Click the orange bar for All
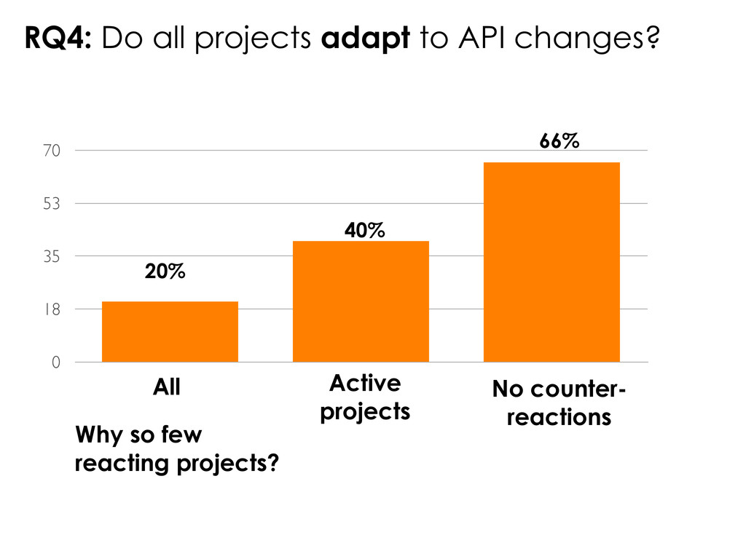pyautogui.click(x=170, y=331)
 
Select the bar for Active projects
pyautogui.click(x=361, y=301)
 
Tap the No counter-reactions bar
pyautogui.click(x=551, y=261)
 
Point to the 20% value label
pyautogui.click(x=165, y=272)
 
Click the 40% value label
pyautogui.click(x=364, y=231)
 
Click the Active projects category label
pyautogui.click(x=365, y=397)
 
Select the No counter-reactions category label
pyautogui.click(x=559, y=404)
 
